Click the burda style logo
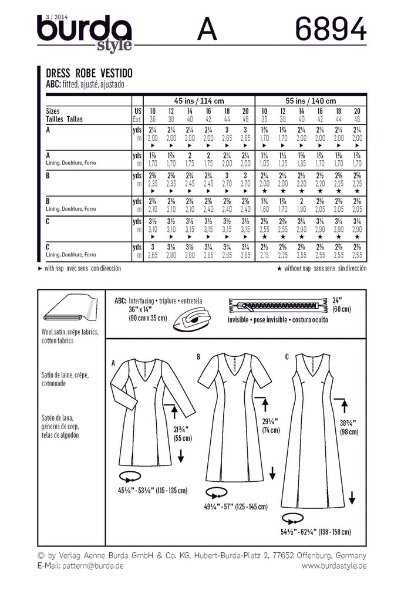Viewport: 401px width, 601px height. click(85, 33)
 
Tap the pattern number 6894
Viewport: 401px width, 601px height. click(331, 29)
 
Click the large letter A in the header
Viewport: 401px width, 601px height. click(207, 29)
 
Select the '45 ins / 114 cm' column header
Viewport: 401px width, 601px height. click(199, 101)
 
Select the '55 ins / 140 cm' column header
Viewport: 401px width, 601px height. click(311, 101)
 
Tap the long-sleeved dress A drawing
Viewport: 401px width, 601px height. click(153, 413)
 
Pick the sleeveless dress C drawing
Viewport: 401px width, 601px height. click(312, 431)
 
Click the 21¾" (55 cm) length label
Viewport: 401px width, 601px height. click(183, 434)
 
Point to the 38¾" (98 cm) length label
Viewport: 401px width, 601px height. click(349, 427)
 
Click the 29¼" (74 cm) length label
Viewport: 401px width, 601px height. click(271, 426)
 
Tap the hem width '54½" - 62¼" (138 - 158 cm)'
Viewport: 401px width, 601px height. click(315, 532)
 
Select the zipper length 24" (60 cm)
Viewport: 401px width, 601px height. click(342, 305)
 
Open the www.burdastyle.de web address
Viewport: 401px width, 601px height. click(334, 566)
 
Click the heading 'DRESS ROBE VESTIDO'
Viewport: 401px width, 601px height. click(89, 73)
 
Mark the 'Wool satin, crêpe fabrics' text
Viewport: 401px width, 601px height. click(70, 332)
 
